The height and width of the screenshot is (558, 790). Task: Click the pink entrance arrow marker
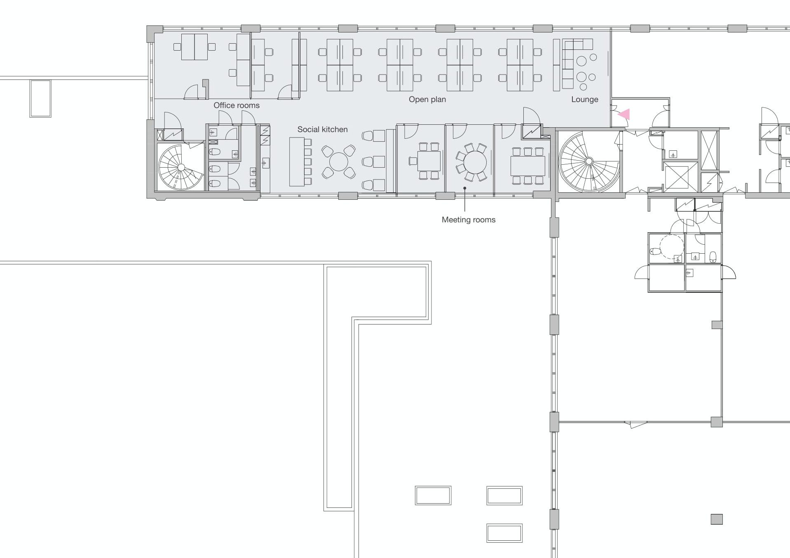coord(624,114)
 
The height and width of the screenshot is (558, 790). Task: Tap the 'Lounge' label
coord(584,99)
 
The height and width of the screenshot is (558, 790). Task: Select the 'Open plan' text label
coord(427,99)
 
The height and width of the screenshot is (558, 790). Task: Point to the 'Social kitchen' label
coord(323,129)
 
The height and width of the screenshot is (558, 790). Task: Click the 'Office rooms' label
coord(237,105)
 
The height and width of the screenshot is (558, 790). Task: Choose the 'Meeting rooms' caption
coord(469,220)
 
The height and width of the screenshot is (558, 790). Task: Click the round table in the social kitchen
coord(339,162)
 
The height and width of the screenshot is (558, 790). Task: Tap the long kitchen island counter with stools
coord(297,162)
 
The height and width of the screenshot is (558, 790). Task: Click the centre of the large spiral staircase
coord(589,161)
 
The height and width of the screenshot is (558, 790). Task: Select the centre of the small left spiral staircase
coord(181,167)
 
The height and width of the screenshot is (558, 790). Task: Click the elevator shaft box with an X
coord(677,177)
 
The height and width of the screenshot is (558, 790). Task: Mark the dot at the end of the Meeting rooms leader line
coord(465,188)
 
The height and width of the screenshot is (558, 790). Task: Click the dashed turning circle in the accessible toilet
coord(672,247)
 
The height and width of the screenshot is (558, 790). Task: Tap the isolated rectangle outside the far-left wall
coord(40,99)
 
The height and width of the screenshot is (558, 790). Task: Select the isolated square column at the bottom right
coord(717,519)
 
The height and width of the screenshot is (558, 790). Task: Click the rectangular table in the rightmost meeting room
coord(528,166)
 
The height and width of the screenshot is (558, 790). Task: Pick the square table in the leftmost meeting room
coord(429,161)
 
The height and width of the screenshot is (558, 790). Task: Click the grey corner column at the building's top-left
coord(155,33)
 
